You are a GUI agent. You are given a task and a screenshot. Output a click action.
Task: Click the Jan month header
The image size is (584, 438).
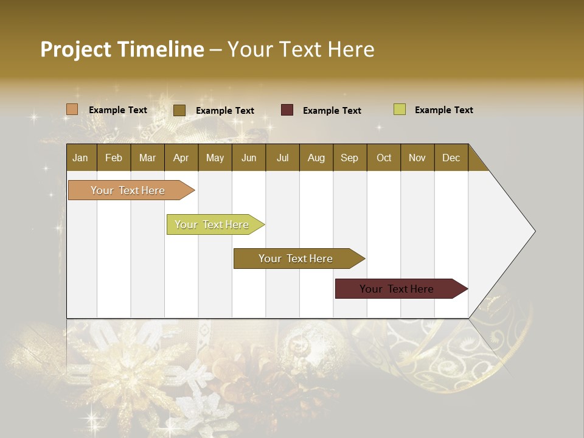coord(80,158)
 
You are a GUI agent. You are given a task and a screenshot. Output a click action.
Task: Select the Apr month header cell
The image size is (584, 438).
coord(181,158)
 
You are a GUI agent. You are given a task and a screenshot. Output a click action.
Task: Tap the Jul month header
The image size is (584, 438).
coord(282,158)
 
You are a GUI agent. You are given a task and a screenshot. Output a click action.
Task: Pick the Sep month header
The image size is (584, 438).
coord(349,158)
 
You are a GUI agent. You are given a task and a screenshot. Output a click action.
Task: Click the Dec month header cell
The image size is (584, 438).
coord(451,158)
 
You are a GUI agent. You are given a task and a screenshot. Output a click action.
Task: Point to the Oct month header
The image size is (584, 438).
coord(383,158)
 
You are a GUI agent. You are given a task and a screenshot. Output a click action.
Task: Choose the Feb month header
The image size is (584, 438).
coord(114,158)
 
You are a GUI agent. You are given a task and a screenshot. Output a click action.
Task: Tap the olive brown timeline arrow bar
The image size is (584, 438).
coord(296,259)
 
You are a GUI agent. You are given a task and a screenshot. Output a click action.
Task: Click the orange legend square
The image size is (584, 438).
coord(72,109)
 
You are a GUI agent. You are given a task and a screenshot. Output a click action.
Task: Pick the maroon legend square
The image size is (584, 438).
coord(287,110)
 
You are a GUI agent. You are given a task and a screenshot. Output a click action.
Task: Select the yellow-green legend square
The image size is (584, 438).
coord(400,109)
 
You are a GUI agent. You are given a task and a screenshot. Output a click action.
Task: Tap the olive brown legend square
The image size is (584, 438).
coord(179,110)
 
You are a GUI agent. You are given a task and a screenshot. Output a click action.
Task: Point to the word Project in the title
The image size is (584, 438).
coord(76,49)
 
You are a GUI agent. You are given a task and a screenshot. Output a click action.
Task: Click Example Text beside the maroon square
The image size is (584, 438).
coord(332,111)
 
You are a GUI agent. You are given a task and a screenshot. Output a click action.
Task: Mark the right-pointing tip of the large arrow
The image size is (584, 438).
coord(534,231)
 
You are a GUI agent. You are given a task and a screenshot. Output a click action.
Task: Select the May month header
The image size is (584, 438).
coord(215,158)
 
